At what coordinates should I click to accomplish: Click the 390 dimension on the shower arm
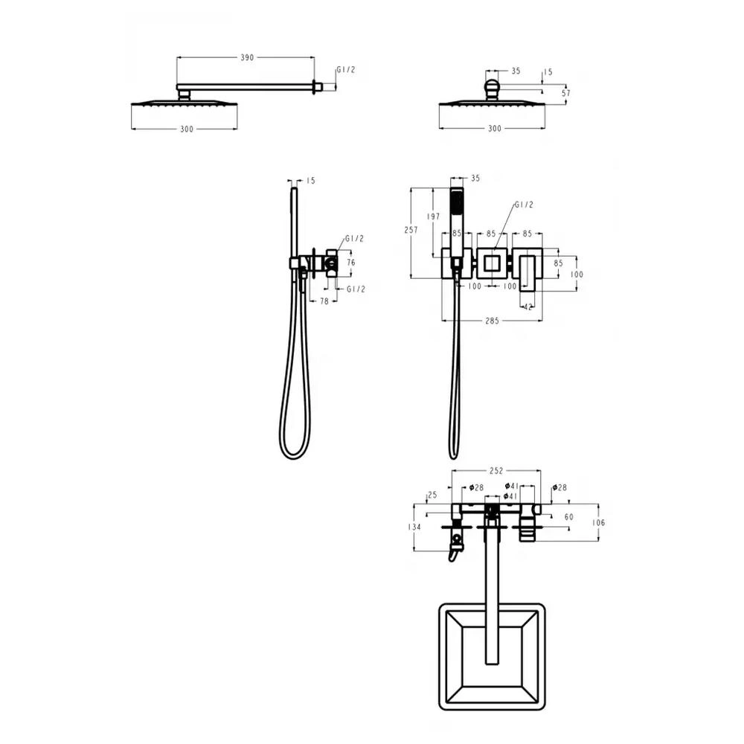[x=247, y=57]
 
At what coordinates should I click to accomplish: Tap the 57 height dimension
[x=566, y=93]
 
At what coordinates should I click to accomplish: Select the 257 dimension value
[x=411, y=230]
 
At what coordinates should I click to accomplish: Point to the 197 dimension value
[x=433, y=217]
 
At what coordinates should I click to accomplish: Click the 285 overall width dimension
[x=492, y=321]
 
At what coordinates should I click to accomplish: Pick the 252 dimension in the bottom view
[x=496, y=471]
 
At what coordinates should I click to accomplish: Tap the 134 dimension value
[x=414, y=527]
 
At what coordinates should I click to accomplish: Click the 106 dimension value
[x=599, y=522]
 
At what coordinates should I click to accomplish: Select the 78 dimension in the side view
[x=324, y=301]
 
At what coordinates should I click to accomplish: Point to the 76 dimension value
[x=350, y=263]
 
